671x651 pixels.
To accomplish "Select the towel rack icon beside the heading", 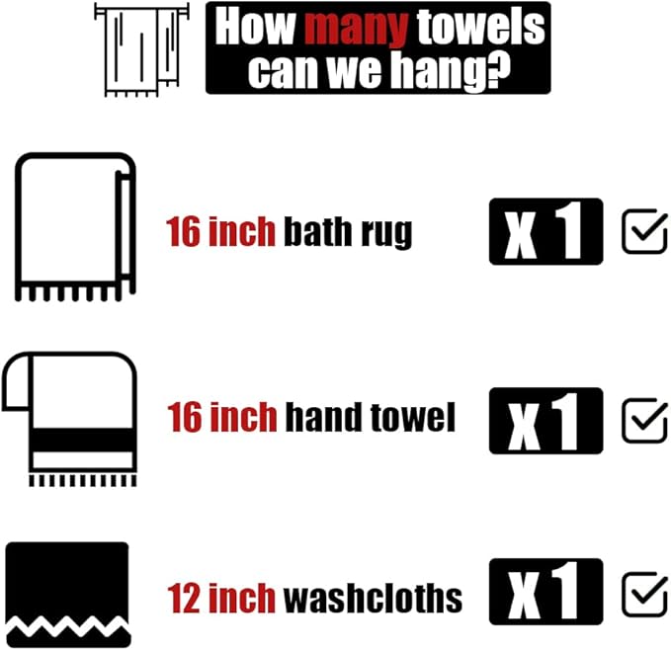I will click(x=140, y=49).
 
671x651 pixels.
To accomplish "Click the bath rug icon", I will click(x=75, y=226).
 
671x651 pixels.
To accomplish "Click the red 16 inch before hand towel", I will click(x=221, y=418).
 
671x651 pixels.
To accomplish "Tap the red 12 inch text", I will click(x=221, y=597).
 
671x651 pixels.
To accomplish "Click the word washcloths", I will click(x=373, y=597).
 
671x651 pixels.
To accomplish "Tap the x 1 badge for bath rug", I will click(x=545, y=231).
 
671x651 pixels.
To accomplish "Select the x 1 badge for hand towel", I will click(x=545, y=420).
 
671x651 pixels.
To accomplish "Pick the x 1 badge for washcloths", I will click(x=545, y=592).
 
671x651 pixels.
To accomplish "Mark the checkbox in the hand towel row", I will click(x=644, y=420).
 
